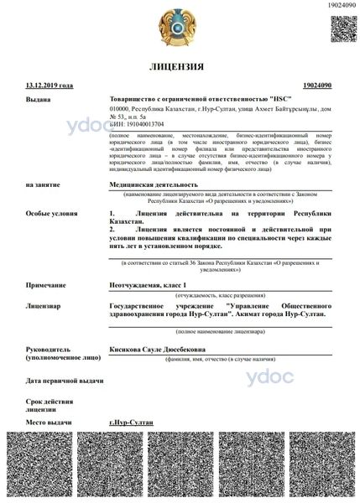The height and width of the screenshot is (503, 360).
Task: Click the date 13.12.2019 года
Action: tap(50, 85)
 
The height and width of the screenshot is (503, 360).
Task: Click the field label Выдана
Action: tap(38, 99)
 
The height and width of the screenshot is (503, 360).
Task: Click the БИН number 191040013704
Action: tap(138, 124)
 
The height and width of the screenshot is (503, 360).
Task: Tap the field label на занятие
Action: tap(42, 184)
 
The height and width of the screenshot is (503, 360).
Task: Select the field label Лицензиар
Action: tap(43, 306)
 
